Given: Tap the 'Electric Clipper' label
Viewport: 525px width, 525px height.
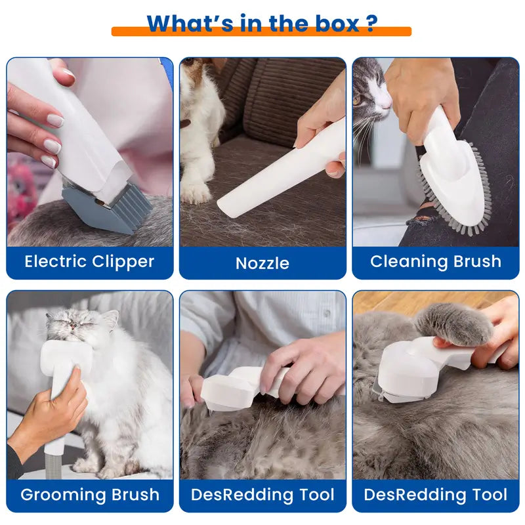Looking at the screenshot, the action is [x=89, y=261].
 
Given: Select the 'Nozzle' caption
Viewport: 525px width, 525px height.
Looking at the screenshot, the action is [x=262, y=263].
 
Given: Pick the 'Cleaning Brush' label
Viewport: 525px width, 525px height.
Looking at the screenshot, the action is [x=436, y=261].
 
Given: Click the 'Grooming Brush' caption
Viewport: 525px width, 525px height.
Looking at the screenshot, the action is [x=90, y=495].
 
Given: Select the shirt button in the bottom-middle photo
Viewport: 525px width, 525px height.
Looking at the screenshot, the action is [x=327, y=314].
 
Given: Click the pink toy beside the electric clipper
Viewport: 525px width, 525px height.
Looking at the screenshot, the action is [x=20, y=188].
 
